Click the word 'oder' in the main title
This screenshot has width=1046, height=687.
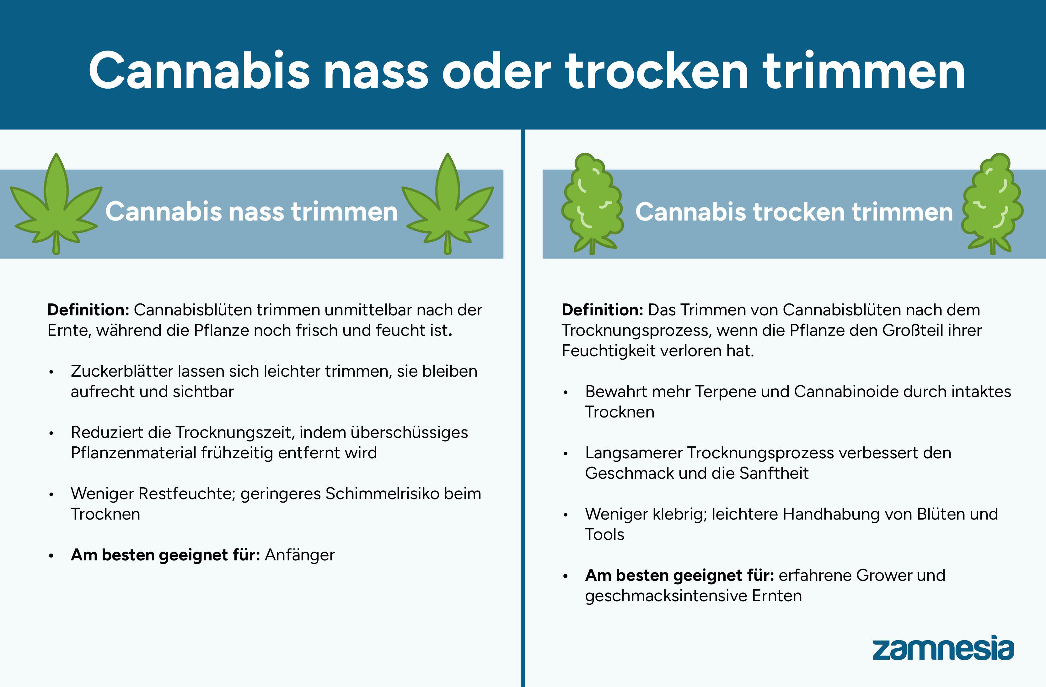pyautogui.click(x=496, y=71)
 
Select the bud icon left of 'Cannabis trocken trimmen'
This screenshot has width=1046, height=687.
pyautogui.click(x=592, y=204)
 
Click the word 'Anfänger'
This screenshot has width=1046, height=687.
pyautogui.click(x=299, y=555)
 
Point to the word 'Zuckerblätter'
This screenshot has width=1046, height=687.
pyautogui.click(x=121, y=371)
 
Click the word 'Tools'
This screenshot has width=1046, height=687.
pyautogui.click(x=604, y=534)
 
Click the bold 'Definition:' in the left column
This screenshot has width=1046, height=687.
pyautogui.click(x=88, y=310)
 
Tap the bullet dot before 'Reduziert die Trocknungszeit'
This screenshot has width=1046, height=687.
pyautogui.click(x=51, y=433)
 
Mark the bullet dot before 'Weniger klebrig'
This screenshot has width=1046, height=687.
pyautogui.click(x=566, y=515)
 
